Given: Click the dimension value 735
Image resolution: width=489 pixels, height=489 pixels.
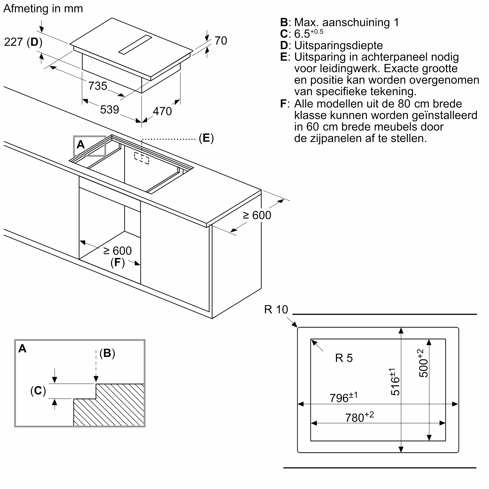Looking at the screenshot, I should pos(98,86).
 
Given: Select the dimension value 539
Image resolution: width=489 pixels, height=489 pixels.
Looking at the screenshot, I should pos(109,110).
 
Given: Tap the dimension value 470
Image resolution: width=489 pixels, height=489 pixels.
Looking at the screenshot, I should pos(162,111).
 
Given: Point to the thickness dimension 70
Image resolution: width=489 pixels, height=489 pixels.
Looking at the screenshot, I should pos(221,41).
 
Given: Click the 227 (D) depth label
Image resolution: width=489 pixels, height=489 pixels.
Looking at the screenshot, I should pos(23,42).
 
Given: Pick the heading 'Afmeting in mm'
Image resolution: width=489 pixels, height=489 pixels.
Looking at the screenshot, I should pos(43,9).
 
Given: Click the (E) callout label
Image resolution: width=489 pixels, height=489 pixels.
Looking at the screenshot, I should pos(206,138).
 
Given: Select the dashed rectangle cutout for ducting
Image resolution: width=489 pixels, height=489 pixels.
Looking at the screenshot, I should pos(142,158).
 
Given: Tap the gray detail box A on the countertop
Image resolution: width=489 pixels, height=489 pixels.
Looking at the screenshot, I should pos(89,146).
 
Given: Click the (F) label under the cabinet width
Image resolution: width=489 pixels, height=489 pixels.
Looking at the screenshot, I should pos(118,262).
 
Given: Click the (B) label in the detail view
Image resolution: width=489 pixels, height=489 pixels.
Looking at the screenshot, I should pos(107,353).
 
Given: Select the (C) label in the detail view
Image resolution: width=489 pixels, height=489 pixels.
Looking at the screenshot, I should pos(38,390).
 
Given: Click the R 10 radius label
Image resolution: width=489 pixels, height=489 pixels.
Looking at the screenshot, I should pos(276,310).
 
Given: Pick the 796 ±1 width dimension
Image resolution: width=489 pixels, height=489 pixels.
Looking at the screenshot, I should pos(344,398).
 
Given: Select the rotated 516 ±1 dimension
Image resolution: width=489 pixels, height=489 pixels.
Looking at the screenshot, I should pos(395,382).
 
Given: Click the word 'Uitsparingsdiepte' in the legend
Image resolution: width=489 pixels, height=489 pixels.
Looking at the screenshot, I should pos(338,45).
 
